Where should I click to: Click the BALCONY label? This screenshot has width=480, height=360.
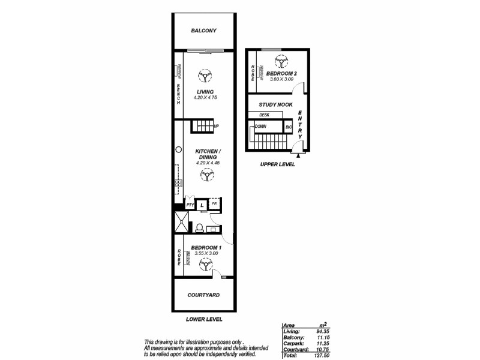(203, 31)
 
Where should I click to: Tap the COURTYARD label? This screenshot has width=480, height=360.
(203, 295)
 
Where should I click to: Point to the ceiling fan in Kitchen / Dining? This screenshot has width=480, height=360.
(207, 175)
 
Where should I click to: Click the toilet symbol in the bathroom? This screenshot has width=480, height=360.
(199, 227)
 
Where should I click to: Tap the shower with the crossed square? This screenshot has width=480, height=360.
(180, 223)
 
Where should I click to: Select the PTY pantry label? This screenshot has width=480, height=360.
(190, 205)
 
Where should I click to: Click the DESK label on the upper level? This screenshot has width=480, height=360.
(263, 115)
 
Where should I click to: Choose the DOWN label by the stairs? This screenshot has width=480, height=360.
(260, 127)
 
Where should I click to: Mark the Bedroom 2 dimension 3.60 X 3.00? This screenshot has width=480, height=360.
(281, 79)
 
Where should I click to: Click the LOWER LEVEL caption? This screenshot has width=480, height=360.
(203, 320)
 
